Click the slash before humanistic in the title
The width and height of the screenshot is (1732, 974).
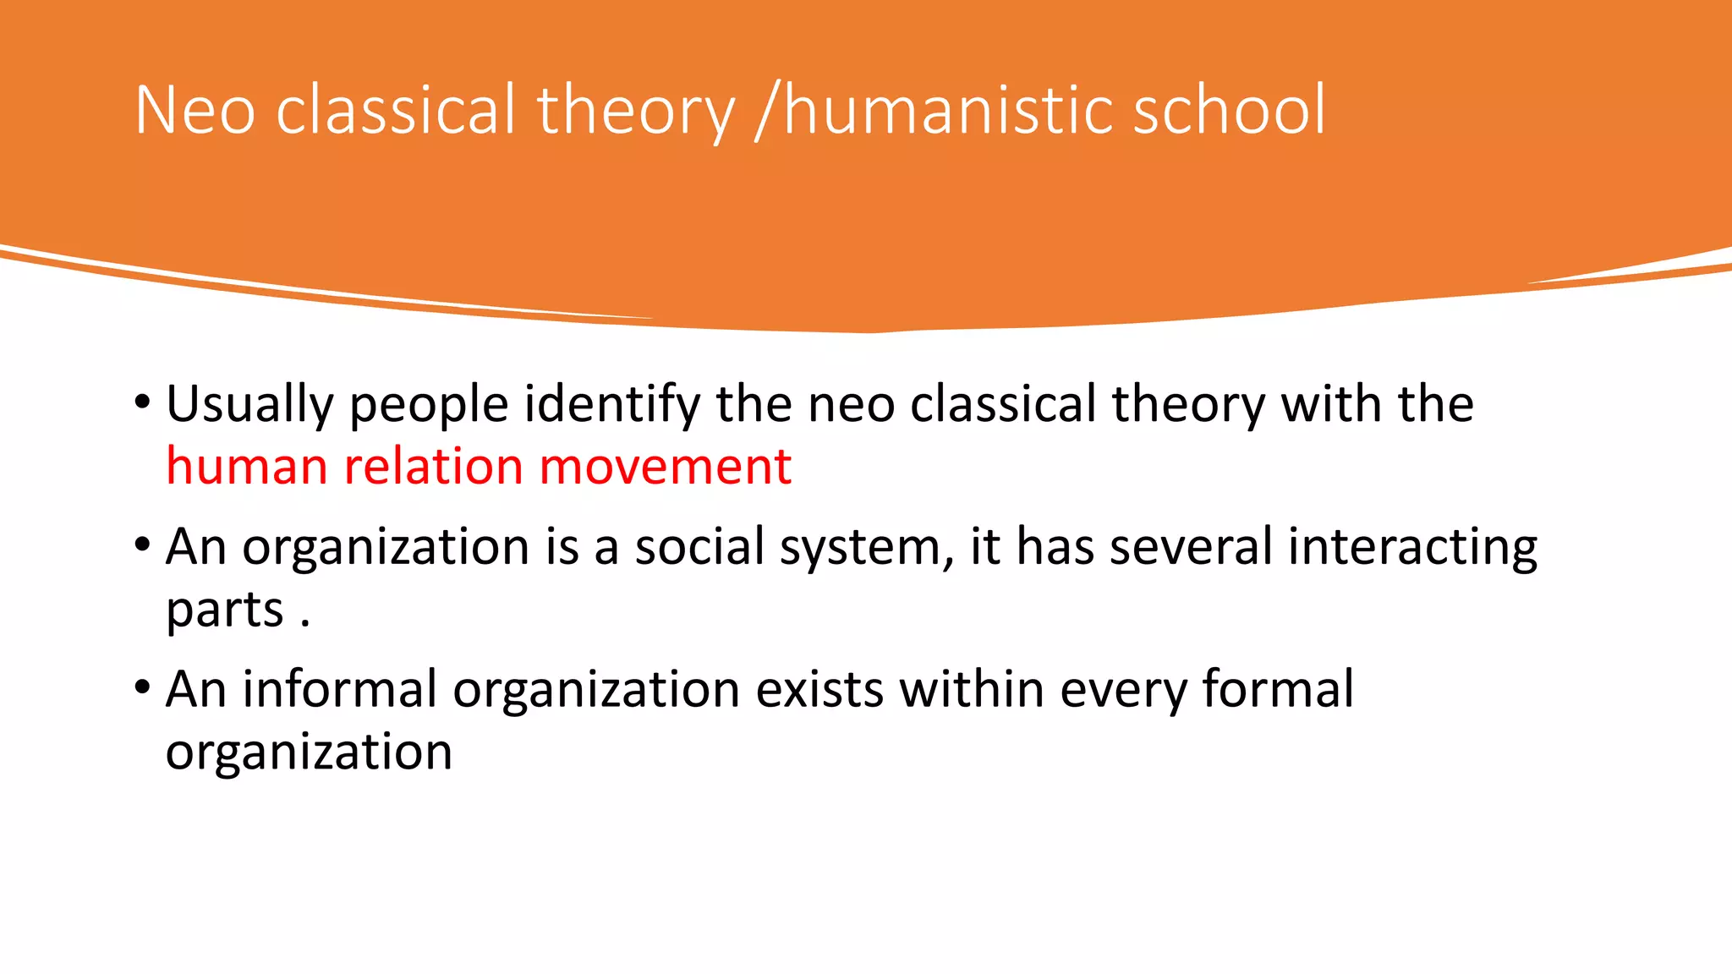pos(765,112)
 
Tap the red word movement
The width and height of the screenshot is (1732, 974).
pos(665,467)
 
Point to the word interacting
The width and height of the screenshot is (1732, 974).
pos(1412,547)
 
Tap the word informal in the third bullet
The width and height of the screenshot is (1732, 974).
pos(339,689)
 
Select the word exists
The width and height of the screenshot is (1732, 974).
pos(819,689)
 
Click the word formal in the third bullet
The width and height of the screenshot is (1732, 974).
pos(1277,689)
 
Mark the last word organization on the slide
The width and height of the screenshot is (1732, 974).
pos(309,752)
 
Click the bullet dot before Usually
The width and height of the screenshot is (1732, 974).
pos(142,401)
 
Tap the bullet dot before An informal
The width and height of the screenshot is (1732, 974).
pos(142,686)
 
